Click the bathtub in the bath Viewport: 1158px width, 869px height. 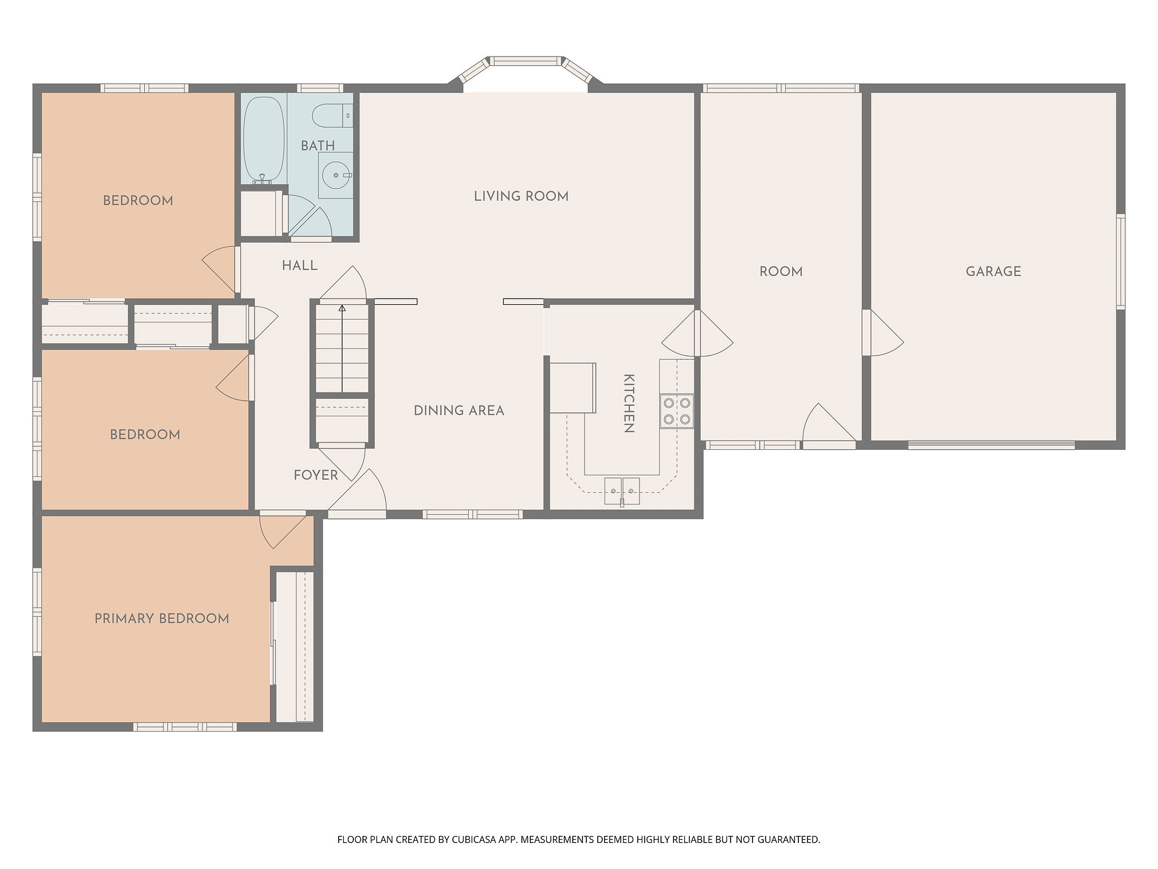263,140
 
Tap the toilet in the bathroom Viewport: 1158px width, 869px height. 332,115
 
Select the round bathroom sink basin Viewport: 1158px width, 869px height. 336,175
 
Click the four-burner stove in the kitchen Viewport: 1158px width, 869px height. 677,411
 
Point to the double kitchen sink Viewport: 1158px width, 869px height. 622,491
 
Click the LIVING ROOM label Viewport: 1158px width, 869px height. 521,196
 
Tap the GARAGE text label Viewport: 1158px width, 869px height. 993,272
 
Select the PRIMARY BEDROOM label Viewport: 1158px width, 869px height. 162,618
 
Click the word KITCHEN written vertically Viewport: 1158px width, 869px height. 628,403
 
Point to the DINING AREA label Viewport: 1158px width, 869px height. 459,411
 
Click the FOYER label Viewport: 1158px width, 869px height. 316,475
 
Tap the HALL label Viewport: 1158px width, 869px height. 300,265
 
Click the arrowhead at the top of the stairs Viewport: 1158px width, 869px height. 342,308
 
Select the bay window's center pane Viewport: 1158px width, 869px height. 526,61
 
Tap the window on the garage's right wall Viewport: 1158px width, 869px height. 1121,261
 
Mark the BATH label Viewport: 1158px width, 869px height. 318,146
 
